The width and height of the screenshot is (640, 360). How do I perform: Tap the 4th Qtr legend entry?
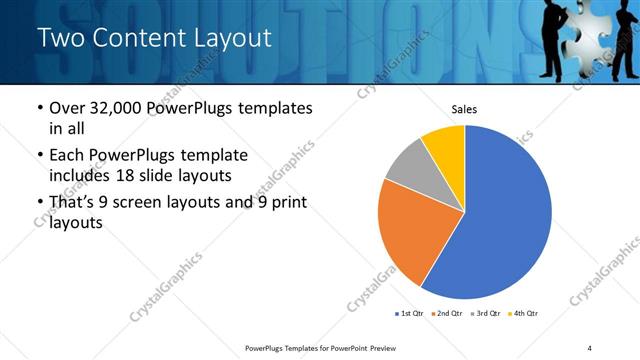click(524, 314)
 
